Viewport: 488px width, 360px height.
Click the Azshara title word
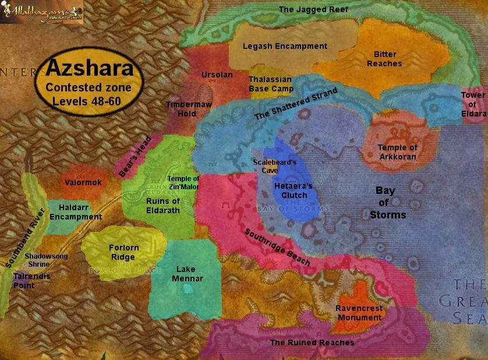pyautogui.click(x=90, y=69)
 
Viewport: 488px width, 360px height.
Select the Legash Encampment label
pyautogui.click(x=285, y=46)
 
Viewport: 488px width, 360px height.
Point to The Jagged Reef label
pyautogui.click(x=313, y=9)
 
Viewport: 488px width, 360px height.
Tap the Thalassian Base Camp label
pyautogui.click(x=271, y=84)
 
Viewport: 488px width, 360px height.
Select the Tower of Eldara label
pyautogui.click(x=472, y=104)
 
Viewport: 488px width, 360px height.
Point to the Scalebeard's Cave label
pyautogui.click(x=275, y=167)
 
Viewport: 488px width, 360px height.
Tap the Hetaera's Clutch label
pyautogui.click(x=293, y=190)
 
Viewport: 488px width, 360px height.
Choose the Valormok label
pyautogui.click(x=83, y=182)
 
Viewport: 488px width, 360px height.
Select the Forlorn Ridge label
pyautogui.click(x=123, y=252)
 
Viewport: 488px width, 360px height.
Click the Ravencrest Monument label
pyautogui.click(x=358, y=313)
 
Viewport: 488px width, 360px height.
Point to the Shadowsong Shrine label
pyautogui.click(x=46, y=260)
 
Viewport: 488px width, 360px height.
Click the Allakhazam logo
pyautogui.click(x=42, y=11)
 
